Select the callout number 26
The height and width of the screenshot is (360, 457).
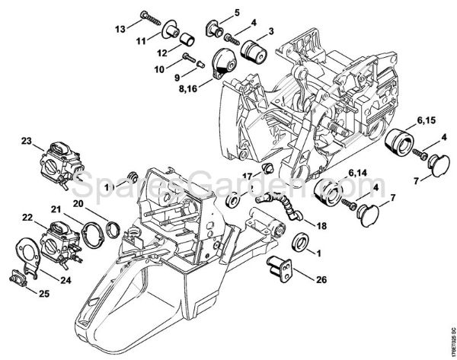321,279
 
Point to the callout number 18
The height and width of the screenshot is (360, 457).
321,226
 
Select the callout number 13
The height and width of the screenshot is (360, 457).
120,29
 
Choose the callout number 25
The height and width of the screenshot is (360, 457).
24,293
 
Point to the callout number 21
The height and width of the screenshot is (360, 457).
56,209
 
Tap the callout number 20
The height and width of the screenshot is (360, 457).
78,203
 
